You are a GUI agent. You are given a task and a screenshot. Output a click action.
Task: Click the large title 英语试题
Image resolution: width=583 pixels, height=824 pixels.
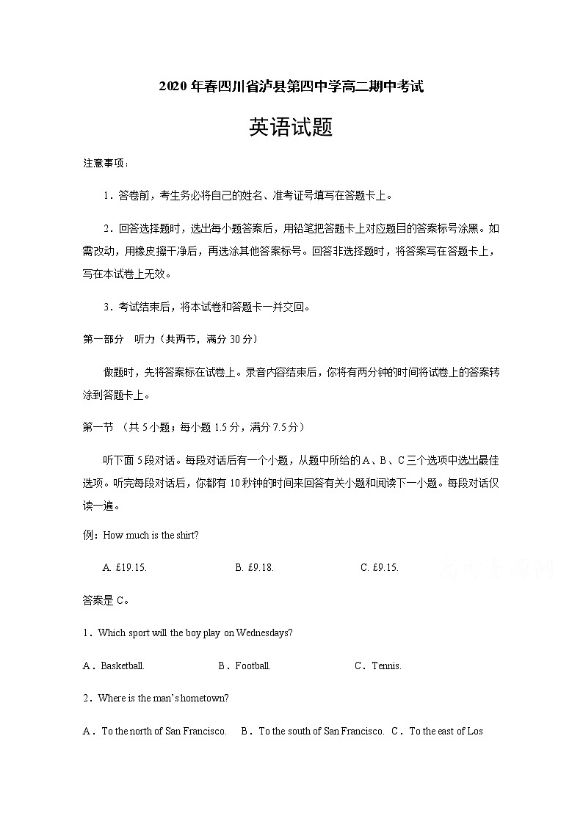pos(291,127)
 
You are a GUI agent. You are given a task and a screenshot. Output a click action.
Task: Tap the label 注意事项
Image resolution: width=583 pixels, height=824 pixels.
pos(105,163)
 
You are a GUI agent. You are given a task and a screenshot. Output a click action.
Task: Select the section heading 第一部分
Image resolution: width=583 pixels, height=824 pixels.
pos(104,339)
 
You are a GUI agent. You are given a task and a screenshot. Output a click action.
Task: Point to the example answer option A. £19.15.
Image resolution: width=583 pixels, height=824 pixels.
pos(130,567)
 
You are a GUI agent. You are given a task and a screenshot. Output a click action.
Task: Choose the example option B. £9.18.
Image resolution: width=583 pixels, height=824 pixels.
pos(255,567)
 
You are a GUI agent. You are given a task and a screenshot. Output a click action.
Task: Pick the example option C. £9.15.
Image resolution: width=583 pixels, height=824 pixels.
pos(380,567)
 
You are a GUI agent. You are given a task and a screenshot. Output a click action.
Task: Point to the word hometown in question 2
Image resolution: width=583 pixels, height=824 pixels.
pos(204,698)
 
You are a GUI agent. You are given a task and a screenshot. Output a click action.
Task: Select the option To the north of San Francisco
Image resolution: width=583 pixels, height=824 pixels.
pos(163,731)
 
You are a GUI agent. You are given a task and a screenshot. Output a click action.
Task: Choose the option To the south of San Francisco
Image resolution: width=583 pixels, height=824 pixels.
pos(321,731)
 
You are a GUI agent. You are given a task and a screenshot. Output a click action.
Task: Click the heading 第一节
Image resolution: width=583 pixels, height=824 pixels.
pos(98,426)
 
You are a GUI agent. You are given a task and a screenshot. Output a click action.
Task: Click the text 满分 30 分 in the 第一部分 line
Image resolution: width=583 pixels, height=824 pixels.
pos(231,339)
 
